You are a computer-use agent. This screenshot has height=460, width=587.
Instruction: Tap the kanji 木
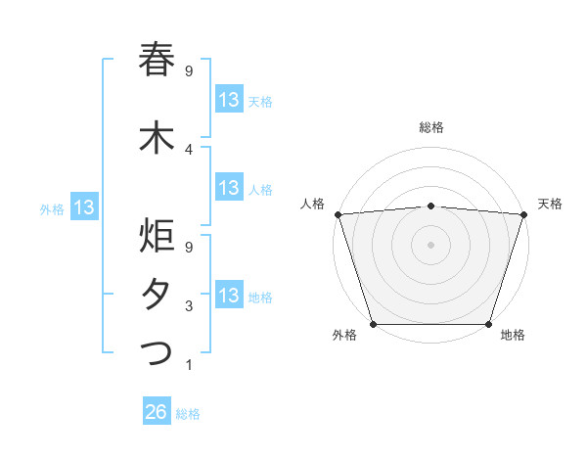pos(157,138)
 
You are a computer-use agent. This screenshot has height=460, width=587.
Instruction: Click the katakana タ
pos(157,296)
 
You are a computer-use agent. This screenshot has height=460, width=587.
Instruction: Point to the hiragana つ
pos(157,352)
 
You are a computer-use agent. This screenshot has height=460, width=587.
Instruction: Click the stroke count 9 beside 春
pos(188,71)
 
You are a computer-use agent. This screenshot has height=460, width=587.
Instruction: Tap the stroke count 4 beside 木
pos(188,150)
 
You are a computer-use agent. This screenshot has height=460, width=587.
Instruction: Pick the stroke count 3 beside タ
pos(188,307)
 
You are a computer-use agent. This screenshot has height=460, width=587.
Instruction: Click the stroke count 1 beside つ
pos(188,365)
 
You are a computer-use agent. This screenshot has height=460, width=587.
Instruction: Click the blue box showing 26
pos(157,413)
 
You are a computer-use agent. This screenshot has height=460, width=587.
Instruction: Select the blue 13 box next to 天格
pos(229,100)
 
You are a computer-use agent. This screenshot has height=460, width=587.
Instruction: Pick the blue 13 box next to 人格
pos(229,189)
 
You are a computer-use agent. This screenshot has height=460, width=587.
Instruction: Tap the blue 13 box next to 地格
pos(229,297)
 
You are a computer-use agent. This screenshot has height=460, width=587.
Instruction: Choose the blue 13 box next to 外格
pos(83,207)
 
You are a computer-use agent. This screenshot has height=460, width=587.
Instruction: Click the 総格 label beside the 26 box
pos(188,414)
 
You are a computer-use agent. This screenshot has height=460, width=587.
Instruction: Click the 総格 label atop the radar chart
pos(430,127)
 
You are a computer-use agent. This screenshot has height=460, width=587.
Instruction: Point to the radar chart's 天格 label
pos(550,204)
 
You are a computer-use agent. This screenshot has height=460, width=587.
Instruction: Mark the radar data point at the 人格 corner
pos(338,214)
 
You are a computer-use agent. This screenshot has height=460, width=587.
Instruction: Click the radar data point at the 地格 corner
pos(488,324)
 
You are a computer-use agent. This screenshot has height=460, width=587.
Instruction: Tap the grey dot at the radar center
pos(430,244)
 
